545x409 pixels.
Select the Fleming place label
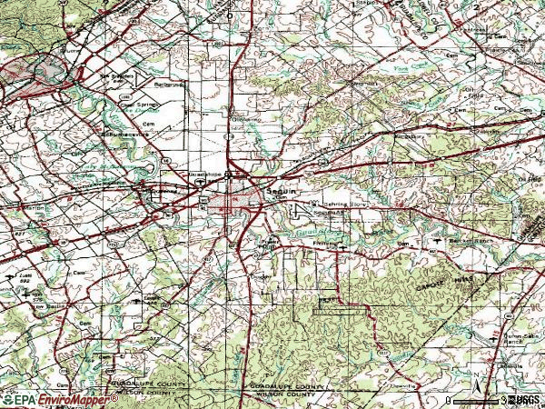tap(326, 243)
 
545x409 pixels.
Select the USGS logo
tap(526, 399)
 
